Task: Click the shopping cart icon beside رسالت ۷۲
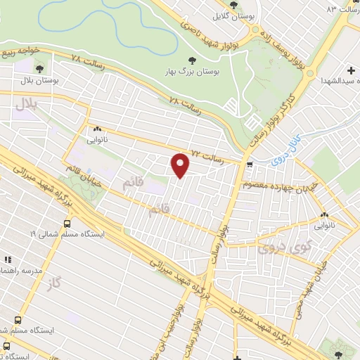[x=251, y=165]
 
